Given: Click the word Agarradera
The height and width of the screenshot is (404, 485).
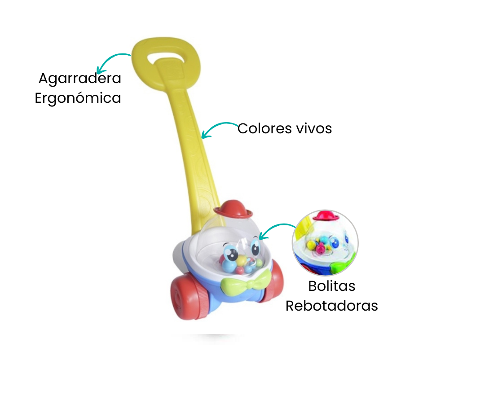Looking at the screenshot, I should tap(80, 78).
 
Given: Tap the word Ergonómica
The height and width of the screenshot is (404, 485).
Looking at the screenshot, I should tap(78, 98).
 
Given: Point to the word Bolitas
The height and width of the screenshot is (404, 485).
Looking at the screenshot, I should tap(332, 286).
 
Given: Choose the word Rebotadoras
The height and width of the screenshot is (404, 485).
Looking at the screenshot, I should tap(332, 306).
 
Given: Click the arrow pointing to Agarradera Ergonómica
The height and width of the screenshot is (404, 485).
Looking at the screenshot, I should tap(112, 62).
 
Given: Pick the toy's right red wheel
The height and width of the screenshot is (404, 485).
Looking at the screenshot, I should tap(274, 281).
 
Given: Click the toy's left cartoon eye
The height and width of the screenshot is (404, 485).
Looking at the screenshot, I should tap(232, 253).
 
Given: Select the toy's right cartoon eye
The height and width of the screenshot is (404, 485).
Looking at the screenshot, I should tap(256, 246).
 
